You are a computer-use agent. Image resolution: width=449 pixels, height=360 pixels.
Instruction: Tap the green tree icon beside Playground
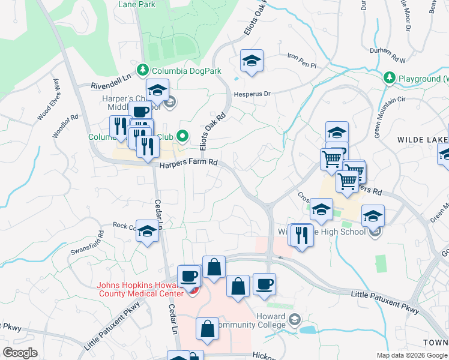pos(390,78)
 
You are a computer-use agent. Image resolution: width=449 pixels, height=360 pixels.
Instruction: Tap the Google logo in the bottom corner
pos(20,353)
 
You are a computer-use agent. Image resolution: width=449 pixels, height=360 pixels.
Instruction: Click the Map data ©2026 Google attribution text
pos(412,355)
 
